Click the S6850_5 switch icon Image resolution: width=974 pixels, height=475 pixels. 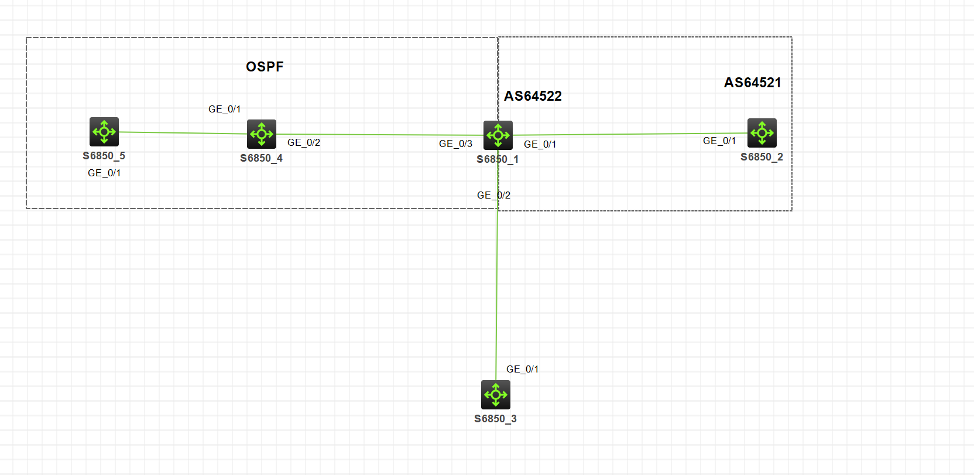[x=104, y=132]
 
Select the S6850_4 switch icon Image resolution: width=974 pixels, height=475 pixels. [x=261, y=134]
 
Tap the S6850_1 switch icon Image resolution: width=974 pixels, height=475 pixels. [x=498, y=135]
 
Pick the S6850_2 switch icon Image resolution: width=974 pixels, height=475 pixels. [x=762, y=133]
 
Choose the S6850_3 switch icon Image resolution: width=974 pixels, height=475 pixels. [x=496, y=395]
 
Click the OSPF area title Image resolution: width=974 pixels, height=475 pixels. [x=265, y=67]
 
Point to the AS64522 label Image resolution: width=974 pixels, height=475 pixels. [x=533, y=96]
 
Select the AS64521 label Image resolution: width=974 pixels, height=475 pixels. [x=753, y=83]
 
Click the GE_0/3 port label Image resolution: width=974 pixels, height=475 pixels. [x=456, y=143]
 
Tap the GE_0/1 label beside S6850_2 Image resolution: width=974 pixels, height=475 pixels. [x=719, y=141]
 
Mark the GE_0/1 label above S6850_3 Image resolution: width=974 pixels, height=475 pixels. [x=523, y=370]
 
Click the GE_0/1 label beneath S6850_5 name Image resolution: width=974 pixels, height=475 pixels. [x=104, y=173]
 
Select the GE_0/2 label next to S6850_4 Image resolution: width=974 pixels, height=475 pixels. [x=304, y=143]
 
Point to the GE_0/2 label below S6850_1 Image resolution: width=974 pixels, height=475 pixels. [x=494, y=195]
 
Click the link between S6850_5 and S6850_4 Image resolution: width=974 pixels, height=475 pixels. [x=183, y=133]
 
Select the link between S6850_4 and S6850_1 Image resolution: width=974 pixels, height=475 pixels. [x=380, y=135]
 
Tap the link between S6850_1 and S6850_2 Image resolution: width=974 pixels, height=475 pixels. [x=630, y=134]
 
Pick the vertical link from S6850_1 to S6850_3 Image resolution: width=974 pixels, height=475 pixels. [x=497, y=265]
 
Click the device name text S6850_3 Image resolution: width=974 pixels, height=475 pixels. [x=496, y=419]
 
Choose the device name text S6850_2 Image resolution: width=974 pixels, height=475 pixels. [x=762, y=157]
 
